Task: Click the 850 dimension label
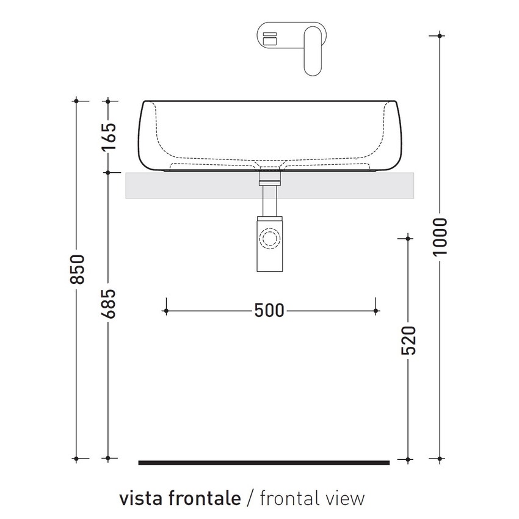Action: tap(76, 269)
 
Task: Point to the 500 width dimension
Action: tap(269, 311)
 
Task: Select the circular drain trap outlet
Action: tap(269, 237)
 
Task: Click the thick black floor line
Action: tap(264, 463)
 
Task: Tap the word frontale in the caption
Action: tap(199, 498)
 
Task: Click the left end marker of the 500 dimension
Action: tap(165, 311)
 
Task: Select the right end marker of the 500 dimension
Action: tap(376, 311)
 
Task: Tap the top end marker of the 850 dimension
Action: tap(76, 100)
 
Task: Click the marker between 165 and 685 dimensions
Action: tap(108, 172)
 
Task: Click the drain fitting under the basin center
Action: tap(269, 178)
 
